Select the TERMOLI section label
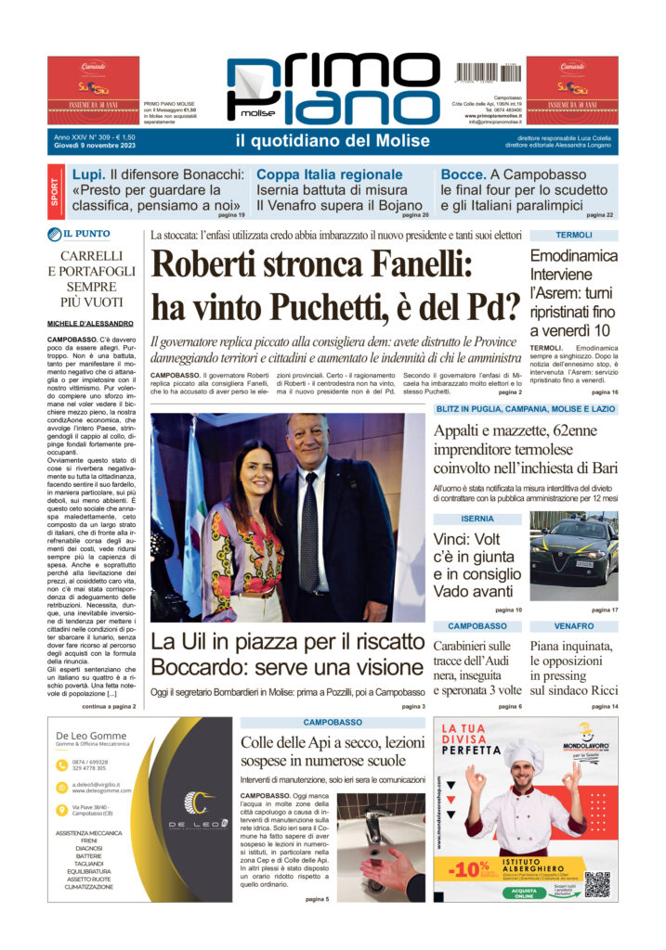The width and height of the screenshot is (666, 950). pos(574,235)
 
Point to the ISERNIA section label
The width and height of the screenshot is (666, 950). pos(477,519)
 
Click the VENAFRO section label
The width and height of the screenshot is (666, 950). pos(573,626)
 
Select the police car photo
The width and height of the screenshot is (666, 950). pos(573,556)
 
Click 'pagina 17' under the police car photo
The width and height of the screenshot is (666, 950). pos(604,610)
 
